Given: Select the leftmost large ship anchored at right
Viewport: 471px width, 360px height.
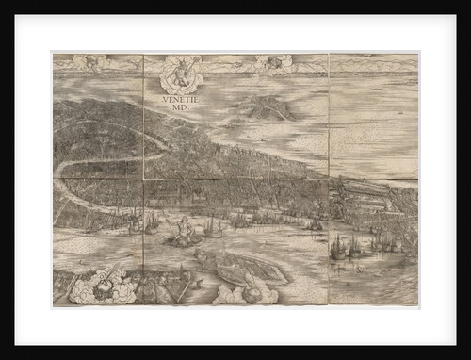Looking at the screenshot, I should point(337,248).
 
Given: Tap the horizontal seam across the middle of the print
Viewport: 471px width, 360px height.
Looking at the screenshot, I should point(235,180).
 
